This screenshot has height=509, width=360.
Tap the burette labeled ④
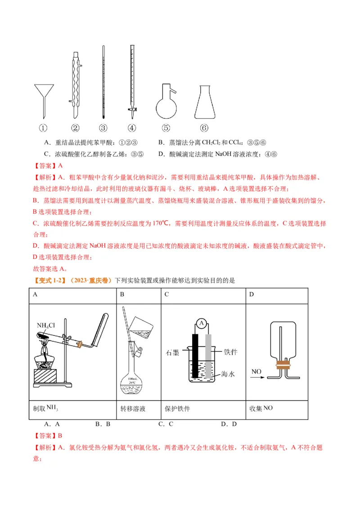[132, 81]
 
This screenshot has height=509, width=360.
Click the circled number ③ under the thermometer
[103, 128]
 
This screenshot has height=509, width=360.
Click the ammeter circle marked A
[202, 323]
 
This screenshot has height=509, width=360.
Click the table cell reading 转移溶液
[133, 409]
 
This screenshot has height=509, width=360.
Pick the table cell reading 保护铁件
[177, 409]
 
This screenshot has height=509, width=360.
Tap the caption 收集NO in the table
[261, 408]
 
